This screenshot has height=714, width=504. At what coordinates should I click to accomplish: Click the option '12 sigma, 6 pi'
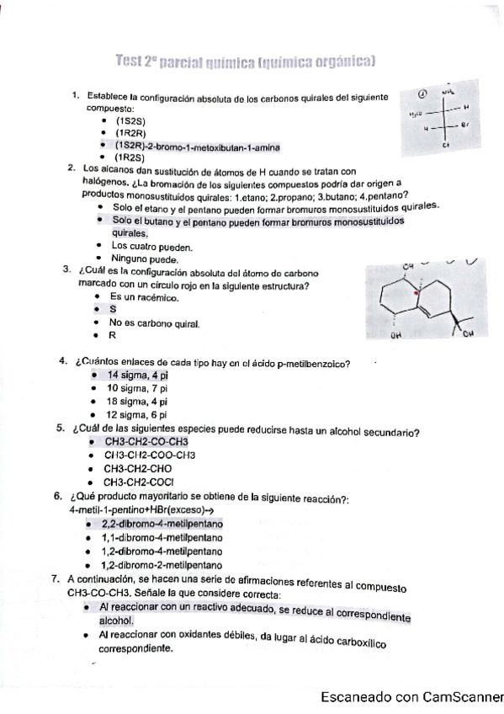pos(137,414)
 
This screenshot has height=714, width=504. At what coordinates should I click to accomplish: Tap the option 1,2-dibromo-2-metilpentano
pos(162,565)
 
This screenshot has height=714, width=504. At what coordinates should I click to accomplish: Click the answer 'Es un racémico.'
pos(144,297)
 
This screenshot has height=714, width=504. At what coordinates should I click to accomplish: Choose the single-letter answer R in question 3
pos(111,335)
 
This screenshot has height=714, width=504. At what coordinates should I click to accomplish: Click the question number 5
pos(61,428)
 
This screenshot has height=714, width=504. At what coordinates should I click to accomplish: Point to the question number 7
pos(56,579)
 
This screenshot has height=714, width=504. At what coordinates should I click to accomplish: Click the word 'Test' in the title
pos(132,61)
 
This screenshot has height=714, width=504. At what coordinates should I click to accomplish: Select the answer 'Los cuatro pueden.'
pos(152,247)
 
